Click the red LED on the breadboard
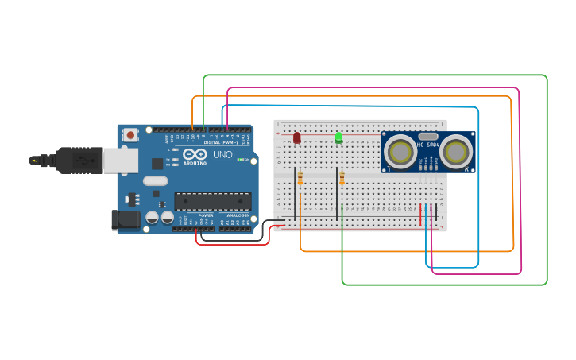coord(297,137)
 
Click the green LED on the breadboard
coord(339,137)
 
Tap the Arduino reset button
coord(130,135)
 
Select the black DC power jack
coord(126,220)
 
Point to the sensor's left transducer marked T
coord(400,151)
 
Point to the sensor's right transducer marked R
coord(457,151)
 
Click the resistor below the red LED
coord(300,180)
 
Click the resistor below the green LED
coord(342,179)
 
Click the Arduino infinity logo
coord(194,154)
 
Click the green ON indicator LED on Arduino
coord(240,159)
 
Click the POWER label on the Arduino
coord(205,215)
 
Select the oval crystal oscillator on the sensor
coord(428,137)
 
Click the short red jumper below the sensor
coord(421,215)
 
